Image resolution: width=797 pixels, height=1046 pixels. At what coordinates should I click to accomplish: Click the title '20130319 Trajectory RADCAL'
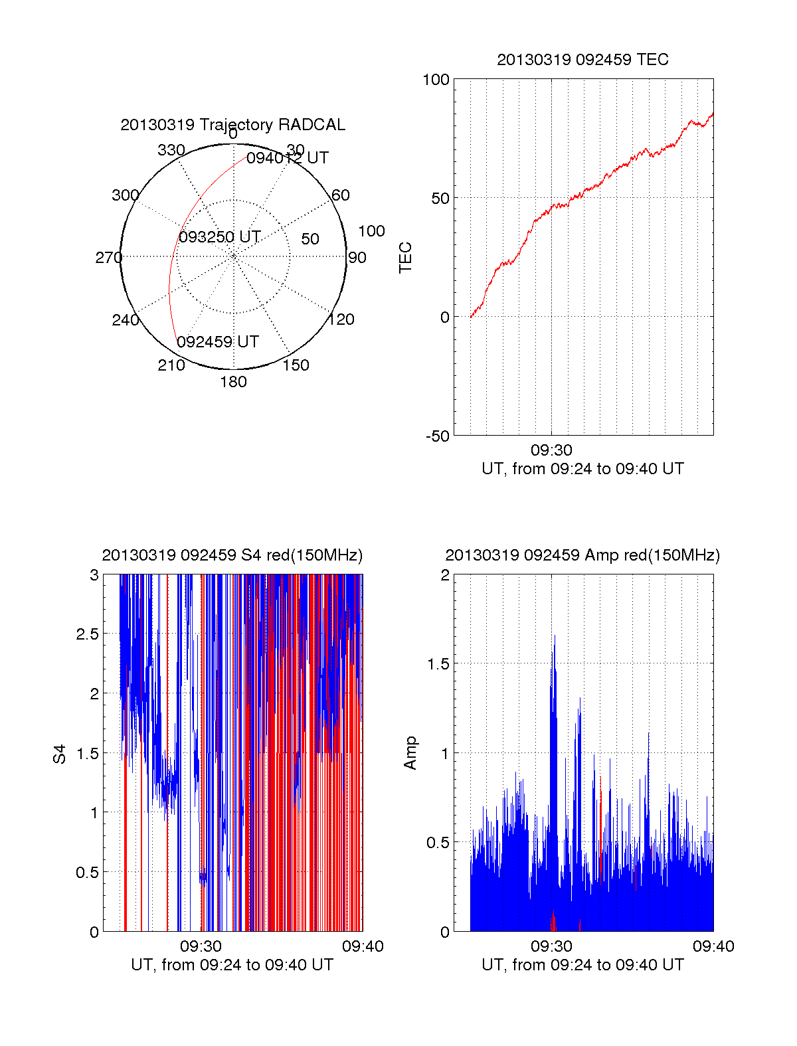pos(232,125)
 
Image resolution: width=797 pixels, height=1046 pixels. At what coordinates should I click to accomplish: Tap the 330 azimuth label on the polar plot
pos(171,150)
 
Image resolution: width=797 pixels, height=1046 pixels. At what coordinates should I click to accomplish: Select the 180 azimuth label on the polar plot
pos(233,382)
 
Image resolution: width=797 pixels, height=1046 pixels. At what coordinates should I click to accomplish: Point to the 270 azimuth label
pos(108,258)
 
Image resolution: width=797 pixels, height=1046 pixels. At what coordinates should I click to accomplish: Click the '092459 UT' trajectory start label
pos(218,342)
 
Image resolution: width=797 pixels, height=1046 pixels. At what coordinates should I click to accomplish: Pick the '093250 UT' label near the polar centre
pos(219,237)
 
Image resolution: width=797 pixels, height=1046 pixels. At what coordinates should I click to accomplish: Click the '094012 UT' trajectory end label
pos(287,158)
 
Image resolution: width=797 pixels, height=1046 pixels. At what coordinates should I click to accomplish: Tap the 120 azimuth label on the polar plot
pos(341,319)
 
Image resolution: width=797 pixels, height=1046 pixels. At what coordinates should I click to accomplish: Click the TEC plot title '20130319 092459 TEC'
pos(582,60)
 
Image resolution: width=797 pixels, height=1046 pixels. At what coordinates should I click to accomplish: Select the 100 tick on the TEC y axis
pos(436,80)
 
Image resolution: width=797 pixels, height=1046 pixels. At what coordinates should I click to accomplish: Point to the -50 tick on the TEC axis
pos(438,436)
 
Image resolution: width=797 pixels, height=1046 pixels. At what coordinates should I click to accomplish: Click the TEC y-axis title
pos(405,258)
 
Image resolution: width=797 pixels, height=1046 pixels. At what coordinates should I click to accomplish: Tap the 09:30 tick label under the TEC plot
pos(551,450)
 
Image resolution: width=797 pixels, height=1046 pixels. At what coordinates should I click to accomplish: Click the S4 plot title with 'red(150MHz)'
pos(232,555)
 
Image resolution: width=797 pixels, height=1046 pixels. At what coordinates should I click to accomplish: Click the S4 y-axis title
pos(60,754)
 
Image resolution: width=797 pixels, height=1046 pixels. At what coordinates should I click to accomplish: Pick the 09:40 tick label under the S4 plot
pos(363,946)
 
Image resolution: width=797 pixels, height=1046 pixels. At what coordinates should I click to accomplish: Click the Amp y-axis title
pos(410,753)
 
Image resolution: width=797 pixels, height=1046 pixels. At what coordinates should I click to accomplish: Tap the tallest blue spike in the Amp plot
pos(554,638)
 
